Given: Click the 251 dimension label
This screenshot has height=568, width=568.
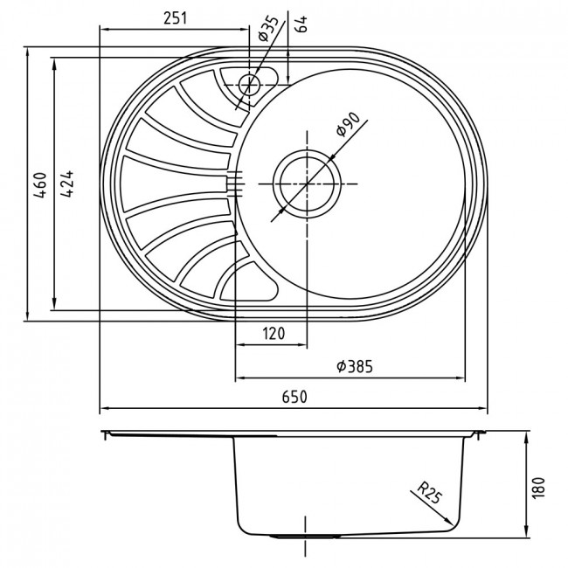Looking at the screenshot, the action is pos(176,18).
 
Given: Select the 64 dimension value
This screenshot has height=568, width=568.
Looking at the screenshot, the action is pos(301,24).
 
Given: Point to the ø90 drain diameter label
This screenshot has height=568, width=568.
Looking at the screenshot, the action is pos(348,124).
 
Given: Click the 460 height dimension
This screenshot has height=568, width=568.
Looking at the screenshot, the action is pos(40,184).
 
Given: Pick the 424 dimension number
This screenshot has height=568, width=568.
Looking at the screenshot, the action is pos(67,184).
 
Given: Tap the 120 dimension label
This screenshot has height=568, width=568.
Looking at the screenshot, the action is pos(274,333).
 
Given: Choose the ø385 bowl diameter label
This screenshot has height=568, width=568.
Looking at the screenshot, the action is pos(355,367).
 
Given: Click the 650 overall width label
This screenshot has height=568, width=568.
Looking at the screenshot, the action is pos(294,397).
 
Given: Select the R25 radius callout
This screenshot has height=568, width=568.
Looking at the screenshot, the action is pos(430,493).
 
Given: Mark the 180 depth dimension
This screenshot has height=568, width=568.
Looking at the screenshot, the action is pos(538,488).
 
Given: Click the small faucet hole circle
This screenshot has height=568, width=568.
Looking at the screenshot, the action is pos(250,85).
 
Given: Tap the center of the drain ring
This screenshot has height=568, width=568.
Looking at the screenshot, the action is pos(307,184).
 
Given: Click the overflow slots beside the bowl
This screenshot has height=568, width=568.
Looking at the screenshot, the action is pos(234,184).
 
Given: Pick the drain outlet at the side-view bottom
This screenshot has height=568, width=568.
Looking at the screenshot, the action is pos(307,536).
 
